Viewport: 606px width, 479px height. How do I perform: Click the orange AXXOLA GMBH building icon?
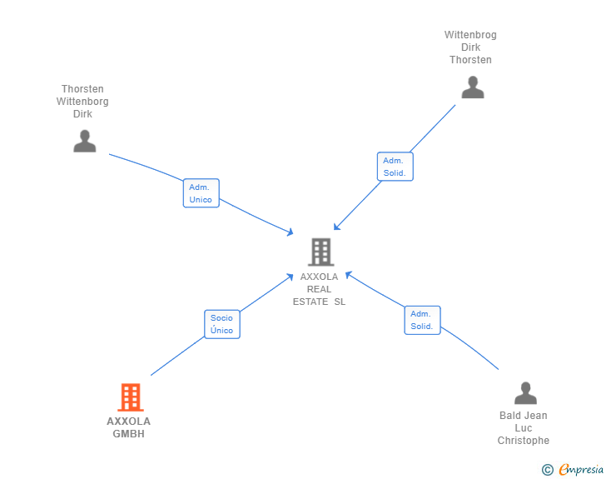[x=131, y=397]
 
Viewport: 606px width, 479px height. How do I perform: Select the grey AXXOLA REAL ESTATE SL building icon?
[x=320, y=252]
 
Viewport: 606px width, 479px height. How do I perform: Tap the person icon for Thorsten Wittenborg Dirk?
[x=85, y=142]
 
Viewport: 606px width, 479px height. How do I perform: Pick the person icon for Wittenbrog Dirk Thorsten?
[x=473, y=87]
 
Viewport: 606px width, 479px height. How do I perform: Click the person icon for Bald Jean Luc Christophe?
[x=525, y=392]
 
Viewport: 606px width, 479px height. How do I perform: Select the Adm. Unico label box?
[x=201, y=193]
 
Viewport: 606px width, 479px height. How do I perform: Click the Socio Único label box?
[x=222, y=324]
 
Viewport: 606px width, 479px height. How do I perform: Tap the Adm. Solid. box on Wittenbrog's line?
[x=395, y=167]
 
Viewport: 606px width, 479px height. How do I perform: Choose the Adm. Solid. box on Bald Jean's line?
[x=422, y=320]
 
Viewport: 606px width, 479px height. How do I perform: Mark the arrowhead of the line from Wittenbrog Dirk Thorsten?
[x=335, y=228]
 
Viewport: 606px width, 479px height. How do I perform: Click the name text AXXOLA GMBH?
[x=129, y=427]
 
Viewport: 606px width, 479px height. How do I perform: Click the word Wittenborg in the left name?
[x=82, y=102]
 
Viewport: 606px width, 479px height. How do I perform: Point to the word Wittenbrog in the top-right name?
[x=470, y=35]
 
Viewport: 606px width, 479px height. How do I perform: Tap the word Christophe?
[x=524, y=441]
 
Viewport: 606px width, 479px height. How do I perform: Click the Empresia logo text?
[x=581, y=470]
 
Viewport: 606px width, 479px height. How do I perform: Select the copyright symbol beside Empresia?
[x=548, y=470]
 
